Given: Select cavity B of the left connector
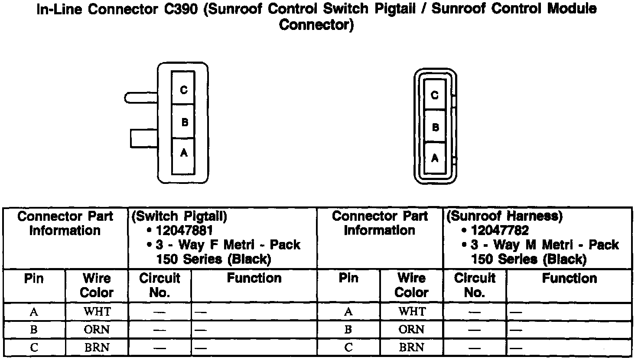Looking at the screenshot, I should [183, 121].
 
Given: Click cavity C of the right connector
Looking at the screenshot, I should [435, 95].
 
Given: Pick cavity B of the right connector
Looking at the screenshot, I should [435, 127].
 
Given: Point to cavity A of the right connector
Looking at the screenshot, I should [435, 158].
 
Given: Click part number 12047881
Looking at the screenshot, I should [184, 230].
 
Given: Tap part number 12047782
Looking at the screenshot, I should [500, 230].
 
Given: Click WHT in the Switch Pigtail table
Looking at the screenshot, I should [97, 311].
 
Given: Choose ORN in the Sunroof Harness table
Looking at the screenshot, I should [411, 330].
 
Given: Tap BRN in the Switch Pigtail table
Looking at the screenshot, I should [97, 348].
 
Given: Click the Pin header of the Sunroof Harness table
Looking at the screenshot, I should [348, 278].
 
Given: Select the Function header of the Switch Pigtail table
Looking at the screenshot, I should [254, 278].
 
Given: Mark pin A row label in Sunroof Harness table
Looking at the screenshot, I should [348, 311].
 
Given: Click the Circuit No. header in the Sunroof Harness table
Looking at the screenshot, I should [475, 285].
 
